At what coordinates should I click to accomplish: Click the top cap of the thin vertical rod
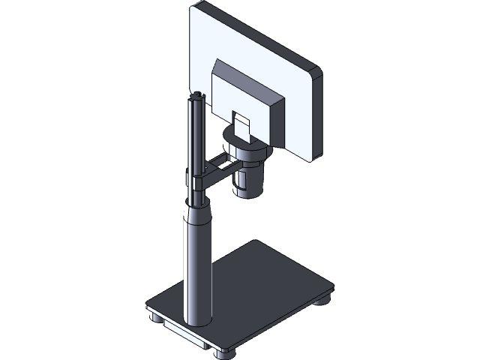coord(198,97)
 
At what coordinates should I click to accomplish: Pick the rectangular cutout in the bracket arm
coord(217,160)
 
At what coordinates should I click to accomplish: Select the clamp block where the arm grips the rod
coord(197,184)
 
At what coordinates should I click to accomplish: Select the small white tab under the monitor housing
coord(241,126)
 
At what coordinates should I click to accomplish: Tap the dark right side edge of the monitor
coord(316,116)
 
